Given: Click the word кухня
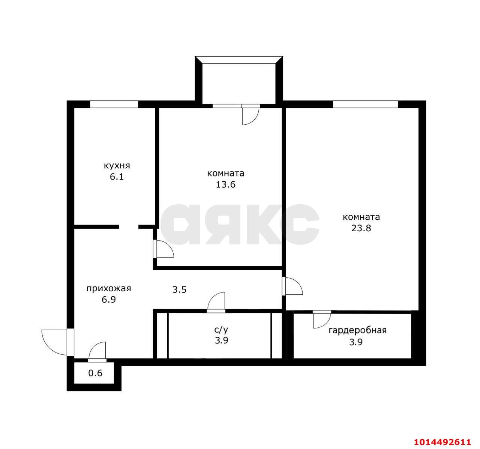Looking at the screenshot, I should (117, 166).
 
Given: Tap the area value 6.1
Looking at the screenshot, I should (117, 177).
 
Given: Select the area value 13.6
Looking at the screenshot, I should (225, 185).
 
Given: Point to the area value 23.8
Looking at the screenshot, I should (361, 228).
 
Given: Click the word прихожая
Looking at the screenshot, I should (109, 288).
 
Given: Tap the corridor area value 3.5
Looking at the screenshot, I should (179, 290).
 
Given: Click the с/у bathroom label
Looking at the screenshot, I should (221, 330).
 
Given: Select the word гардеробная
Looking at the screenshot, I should (357, 330).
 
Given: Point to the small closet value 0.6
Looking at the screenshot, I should (95, 374).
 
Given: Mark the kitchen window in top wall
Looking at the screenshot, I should (114, 104).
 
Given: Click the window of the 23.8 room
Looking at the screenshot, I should (365, 104).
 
